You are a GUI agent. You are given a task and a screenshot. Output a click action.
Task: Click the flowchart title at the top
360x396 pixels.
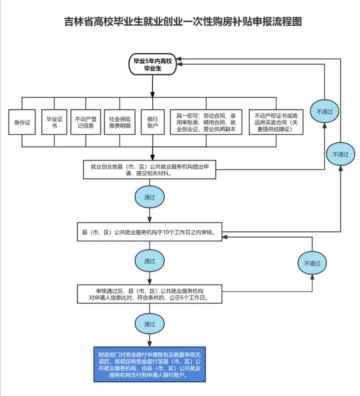[183, 22]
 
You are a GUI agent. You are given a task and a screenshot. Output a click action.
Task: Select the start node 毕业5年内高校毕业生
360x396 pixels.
[153, 64]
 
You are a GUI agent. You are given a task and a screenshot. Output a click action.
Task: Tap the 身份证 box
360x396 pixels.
[22, 122]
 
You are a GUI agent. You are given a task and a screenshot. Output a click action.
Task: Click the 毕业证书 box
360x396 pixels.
[54, 122]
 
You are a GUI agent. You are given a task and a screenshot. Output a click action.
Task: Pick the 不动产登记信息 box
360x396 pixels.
[86, 122]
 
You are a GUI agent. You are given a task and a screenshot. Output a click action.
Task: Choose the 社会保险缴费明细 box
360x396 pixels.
[120, 122]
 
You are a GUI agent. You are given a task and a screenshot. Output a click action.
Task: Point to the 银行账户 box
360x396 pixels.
[153, 122]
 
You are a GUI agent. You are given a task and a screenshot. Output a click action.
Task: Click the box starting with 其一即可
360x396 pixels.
[206, 122]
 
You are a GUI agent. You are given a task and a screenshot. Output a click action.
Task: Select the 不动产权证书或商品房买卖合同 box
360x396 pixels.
[276, 122]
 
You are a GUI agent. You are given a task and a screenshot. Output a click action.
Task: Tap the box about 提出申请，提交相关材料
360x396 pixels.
[149, 170]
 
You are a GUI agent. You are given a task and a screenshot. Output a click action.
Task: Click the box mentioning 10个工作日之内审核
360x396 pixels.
[149, 232]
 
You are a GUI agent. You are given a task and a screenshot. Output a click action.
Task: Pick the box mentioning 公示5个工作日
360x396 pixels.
[149, 294]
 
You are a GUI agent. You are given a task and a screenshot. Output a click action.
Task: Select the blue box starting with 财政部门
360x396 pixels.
[149, 364]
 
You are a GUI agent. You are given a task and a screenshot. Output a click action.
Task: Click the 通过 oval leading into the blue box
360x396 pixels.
[149, 324]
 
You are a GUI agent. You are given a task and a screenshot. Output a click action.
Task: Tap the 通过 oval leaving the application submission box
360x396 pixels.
[149, 197]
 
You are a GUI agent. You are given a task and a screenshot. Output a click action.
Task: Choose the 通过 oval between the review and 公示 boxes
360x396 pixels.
[149, 261]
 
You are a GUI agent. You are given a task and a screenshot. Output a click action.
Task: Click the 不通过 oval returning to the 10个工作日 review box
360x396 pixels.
[312, 263]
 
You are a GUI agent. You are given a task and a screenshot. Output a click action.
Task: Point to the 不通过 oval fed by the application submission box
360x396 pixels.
[324, 111]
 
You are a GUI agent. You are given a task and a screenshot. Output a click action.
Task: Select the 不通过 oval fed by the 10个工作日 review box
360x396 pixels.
[340, 154]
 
